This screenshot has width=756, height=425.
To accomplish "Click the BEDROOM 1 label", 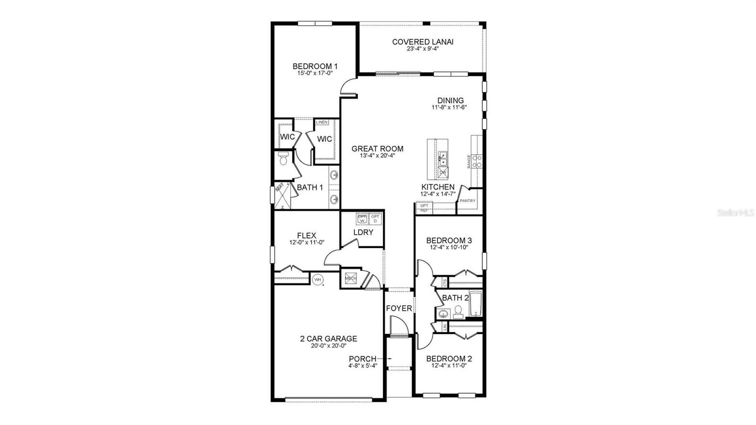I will [x=315, y=66].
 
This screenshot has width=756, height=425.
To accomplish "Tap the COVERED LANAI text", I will [x=422, y=42].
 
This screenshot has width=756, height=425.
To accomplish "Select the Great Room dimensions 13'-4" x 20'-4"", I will [x=377, y=155].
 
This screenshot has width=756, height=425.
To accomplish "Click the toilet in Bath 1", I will [x=283, y=159].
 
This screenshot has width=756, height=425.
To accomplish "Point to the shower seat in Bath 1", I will [x=279, y=188].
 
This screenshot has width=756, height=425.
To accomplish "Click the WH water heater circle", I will [x=318, y=280].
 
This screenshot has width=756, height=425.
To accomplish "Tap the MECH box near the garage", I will [x=351, y=278].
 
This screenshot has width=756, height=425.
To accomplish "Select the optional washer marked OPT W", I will [x=362, y=218].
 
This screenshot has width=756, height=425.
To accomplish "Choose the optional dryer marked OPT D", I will [x=375, y=218].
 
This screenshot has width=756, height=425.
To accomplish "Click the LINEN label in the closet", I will [x=322, y=122].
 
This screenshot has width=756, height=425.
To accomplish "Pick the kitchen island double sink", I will [x=443, y=158].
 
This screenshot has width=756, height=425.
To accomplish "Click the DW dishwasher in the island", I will [x=443, y=173].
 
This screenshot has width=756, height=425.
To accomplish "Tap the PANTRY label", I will [x=467, y=201].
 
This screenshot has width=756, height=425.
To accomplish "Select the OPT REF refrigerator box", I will [x=424, y=208].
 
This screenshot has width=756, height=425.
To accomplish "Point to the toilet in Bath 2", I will [x=458, y=312].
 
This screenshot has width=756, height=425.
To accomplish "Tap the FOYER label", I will [x=399, y=308].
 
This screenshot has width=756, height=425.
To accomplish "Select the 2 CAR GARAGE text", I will [x=328, y=338].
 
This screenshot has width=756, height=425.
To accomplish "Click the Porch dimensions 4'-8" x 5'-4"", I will [x=363, y=365].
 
